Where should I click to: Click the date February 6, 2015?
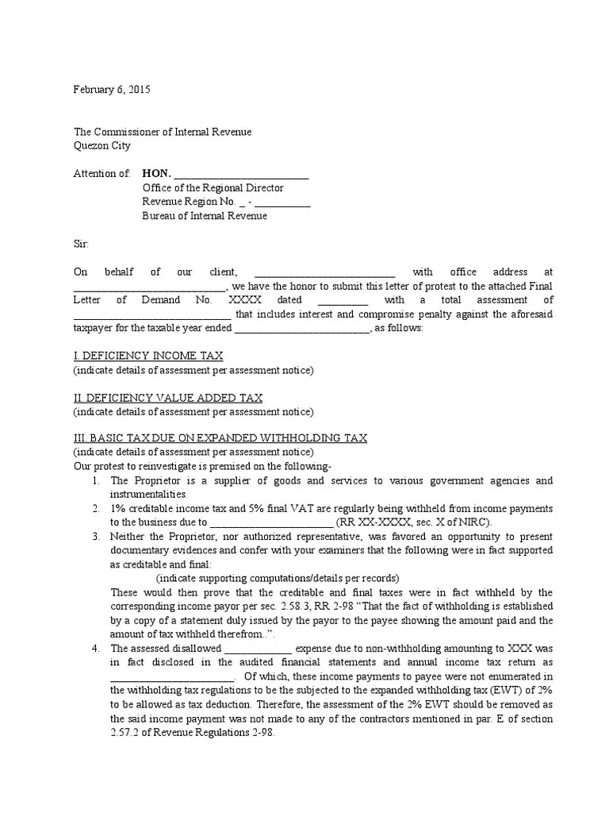[x=112, y=90]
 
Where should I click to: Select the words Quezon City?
[x=102, y=146]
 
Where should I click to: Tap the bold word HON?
[x=156, y=174]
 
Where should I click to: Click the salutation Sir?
[x=82, y=244]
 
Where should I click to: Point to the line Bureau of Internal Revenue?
[x=205, y=216]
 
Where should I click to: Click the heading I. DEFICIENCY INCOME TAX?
[x=148, y=356]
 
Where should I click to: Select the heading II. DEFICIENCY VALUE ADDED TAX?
[x=168, y=398]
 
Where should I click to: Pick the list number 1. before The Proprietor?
[x=96, y=481]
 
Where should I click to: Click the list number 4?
[x=96, y=648]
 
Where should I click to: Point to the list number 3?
[x=96, y=537]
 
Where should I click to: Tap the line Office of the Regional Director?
[x=213, y=188]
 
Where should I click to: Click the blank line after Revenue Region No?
[x=283, y=203]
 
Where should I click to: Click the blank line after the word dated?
[x=343, y=301]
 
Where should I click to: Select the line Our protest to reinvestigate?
[x=202, y=466]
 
